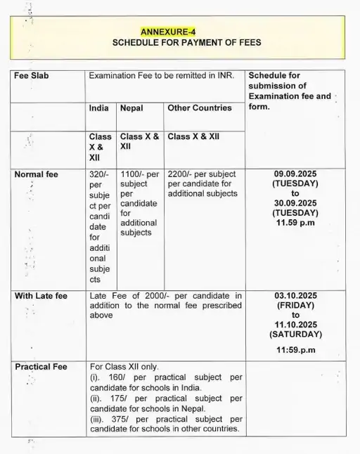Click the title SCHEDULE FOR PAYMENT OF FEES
click(186, 42)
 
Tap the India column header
click(98, 108)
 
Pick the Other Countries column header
click(199, 108)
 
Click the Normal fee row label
click(37, 174)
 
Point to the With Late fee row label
click(41, 296)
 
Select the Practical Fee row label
click(41, 367)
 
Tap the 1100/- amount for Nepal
click(132, 174)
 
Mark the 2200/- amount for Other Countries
click(180, 174)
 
